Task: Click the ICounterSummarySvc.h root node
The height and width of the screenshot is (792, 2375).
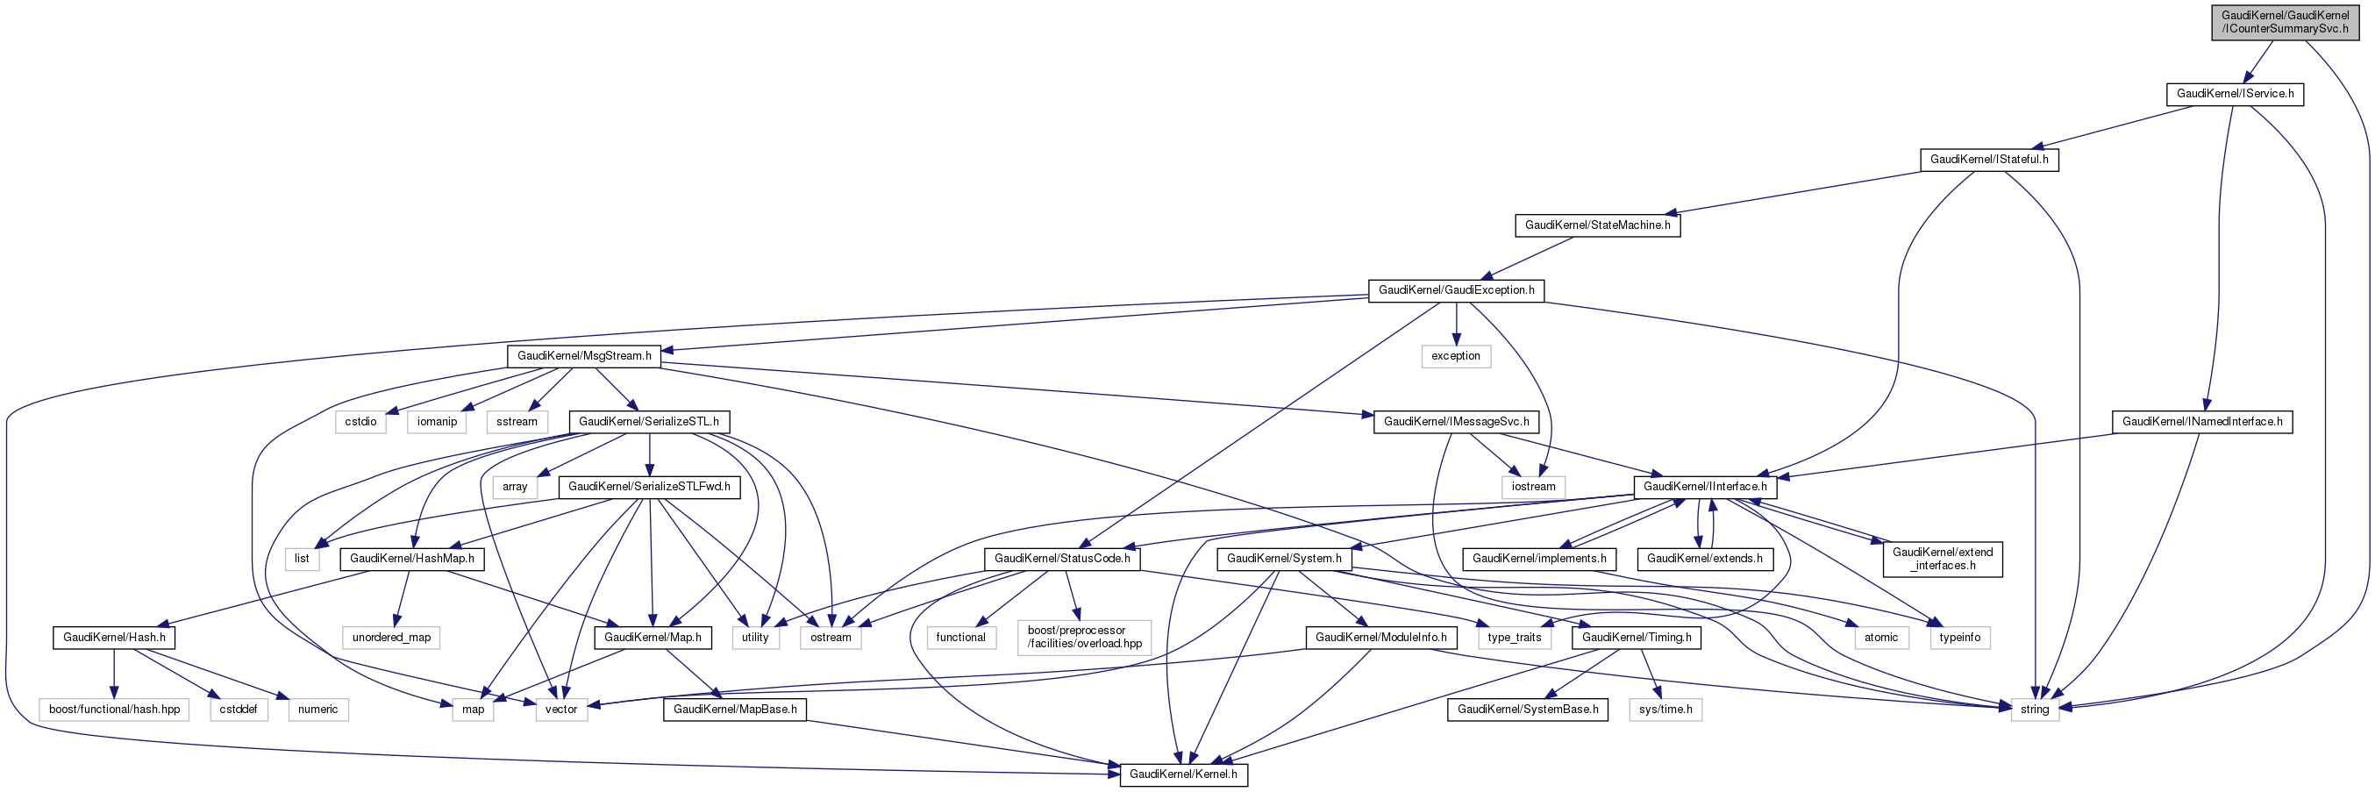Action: coord(2285,22)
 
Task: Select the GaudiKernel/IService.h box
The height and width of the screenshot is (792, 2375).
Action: coord(2235,94)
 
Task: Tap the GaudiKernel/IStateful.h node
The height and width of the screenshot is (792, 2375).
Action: coord(1989,160)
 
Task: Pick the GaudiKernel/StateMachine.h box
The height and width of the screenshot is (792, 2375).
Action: coord(1597,225)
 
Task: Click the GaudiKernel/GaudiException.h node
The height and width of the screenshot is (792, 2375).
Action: coord(1456,290)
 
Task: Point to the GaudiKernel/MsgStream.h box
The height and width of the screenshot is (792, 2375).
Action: coord(583,356)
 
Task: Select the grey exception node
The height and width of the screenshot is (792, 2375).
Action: coord(1455,356)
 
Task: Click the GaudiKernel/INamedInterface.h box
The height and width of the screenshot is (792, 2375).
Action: coord(2201,421)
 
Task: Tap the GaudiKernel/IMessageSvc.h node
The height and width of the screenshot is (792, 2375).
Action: coord(1456,421)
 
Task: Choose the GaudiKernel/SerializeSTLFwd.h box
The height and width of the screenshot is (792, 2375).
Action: coord(649,487)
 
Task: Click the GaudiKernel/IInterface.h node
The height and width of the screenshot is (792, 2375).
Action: coord(1705,487)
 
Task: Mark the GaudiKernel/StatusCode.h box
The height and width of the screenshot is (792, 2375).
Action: coord(1062,559)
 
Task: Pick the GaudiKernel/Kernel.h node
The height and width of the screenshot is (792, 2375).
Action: coord(1183,774)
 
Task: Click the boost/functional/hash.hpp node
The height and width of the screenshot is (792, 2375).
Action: coord(114,710)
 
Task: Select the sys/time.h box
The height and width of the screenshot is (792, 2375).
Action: coord(1665,710)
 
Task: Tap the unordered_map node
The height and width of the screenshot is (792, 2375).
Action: coord(391,638)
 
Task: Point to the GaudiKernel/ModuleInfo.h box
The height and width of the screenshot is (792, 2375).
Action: coord(1380,638)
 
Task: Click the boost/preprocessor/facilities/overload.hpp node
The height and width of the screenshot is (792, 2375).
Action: coord(1084,637)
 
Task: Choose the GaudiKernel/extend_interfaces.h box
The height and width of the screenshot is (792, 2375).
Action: coord(1942,559)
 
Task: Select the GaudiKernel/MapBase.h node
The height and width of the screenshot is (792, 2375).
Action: coord(735,710)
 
